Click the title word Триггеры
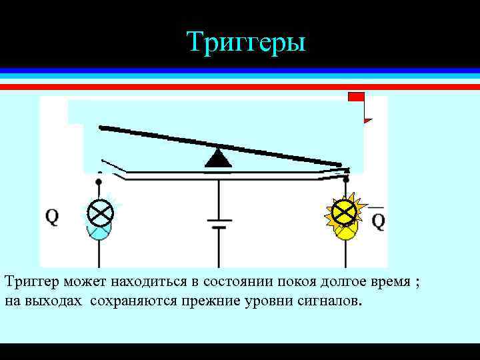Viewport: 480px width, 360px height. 246,41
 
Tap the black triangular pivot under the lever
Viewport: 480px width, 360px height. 218,158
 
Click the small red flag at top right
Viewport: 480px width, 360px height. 357,97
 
